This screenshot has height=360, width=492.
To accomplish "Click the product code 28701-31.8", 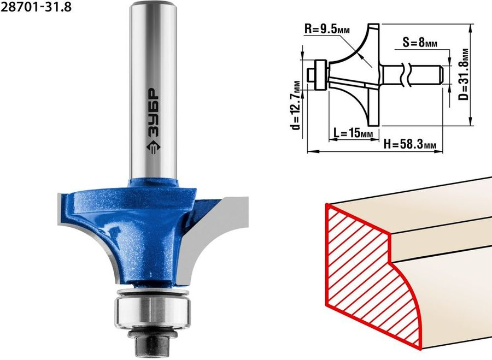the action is click(36, 7).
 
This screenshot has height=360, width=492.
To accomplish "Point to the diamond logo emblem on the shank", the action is click(154, 146).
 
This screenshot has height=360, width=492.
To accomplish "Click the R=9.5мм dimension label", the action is click(327, 30).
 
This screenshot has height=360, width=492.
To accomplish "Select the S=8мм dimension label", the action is click(420, 42).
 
